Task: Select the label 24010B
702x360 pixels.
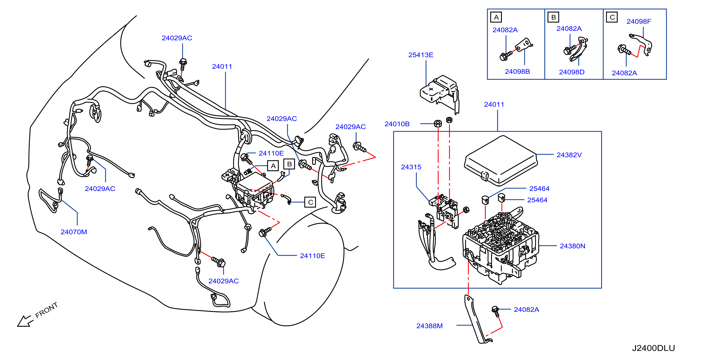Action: click(x=397, y=124)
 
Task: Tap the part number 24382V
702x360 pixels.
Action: click(x=569, y=155)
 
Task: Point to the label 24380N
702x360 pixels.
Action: click(x=572, y=246)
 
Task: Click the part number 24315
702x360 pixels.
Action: click(x=411, y=167)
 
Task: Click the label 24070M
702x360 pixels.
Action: click(x=74, y=232)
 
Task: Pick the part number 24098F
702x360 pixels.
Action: click(x=639, y=21)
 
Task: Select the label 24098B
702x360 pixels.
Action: click(x=517, y=71)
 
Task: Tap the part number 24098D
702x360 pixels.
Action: click(x=572, y=72)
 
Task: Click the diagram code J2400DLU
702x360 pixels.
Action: click(x=653, y=348)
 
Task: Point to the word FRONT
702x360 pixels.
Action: click(x=47, y=310)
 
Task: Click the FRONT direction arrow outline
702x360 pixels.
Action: click(x=25, y=321)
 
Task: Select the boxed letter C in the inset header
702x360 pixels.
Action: click(x=612, y=17)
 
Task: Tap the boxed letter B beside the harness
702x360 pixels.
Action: click(x=289, y=164)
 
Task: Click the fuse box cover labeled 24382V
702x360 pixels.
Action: click(x=501, y=161)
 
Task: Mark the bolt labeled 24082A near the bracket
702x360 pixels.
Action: click(x=496, y=311)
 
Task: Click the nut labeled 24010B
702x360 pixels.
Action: click(x=438, y=123)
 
